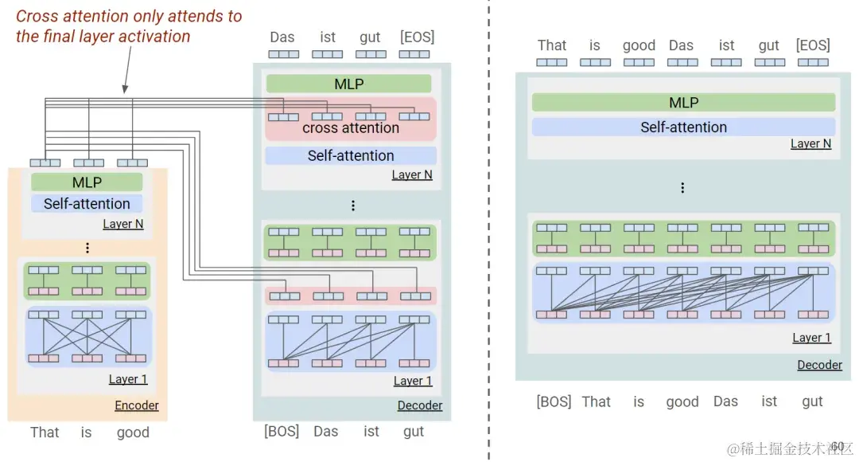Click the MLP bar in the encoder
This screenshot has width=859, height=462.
(87, 182)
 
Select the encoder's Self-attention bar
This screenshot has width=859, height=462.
(87, 204)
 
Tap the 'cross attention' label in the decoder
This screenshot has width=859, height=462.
(351, 128)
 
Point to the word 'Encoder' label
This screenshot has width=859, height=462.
(137, 405)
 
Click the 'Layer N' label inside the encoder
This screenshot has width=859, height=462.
(123, 224)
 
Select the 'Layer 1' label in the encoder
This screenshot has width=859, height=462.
(129, 379)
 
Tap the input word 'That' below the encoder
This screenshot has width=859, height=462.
(45, 433)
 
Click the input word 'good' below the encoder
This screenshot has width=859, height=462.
(133, 433)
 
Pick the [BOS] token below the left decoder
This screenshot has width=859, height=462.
(282, 432)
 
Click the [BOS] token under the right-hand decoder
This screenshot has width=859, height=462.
(554, 401)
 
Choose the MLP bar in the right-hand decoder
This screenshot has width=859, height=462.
(683, 103)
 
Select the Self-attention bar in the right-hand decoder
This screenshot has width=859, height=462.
(683, 127)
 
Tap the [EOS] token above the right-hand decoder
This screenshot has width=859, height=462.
(812, 45)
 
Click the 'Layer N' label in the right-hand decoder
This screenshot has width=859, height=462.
(810, 144)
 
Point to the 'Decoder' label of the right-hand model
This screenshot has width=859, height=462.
(819, 365)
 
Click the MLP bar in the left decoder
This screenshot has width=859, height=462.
(348, 84)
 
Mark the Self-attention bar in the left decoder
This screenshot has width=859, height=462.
(351, 156)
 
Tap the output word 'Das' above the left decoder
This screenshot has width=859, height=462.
(282, 37)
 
